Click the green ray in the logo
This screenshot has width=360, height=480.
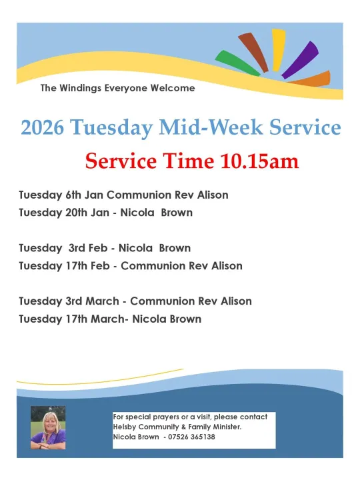point(237,64)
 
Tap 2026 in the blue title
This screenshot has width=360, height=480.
point(42,128)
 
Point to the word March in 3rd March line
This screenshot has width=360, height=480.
point(102,301)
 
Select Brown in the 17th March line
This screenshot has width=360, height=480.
point(185,319)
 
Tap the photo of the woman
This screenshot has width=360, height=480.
point(48,428)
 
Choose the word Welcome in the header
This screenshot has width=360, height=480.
point(173,88)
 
